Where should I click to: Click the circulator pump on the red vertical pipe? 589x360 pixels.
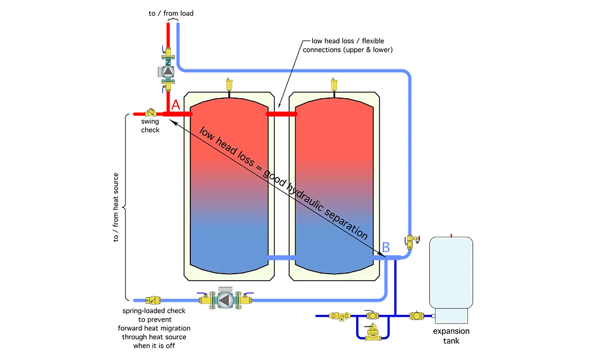click(x=168, y=71)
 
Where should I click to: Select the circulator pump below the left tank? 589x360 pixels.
click(x=224, y=300)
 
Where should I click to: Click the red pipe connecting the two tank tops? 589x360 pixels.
click(x=281, y=115)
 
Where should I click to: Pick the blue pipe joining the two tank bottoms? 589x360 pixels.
click(x=281, y=259)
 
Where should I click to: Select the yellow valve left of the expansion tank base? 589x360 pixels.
click(x=416, y=315)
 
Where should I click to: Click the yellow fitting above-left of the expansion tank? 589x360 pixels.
click(x=411, y=242)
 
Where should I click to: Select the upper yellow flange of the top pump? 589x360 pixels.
click(x=168, y=53)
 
